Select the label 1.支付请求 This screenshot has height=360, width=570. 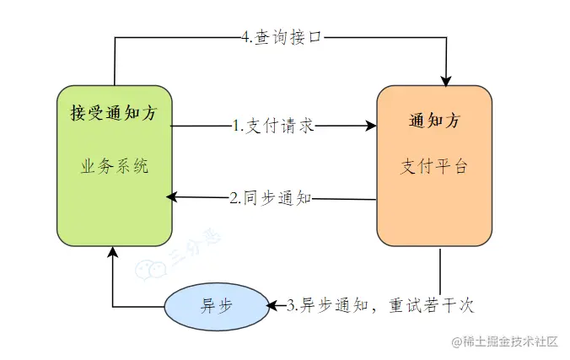click(x=273, y=126)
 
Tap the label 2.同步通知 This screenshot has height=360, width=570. click(x=271, y=199)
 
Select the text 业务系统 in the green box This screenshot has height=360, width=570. click(x=114, y=166)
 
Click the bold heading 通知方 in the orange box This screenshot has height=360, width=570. click(x=433, y=120)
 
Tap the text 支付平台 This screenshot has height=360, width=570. click(x=433, y=166)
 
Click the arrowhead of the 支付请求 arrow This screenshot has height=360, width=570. click(x=371, y=126)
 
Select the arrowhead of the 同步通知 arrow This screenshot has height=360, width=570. click(x=172, y=197)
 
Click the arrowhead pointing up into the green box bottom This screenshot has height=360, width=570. click(x=114, y=252)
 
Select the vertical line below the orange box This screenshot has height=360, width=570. click(x=439, y=270)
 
